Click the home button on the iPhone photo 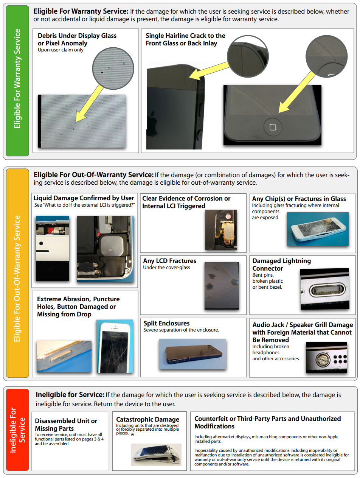click(273, 127)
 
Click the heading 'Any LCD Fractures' click(169, 261)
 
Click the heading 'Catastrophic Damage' click(147, 419)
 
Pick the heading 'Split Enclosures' click(166, 323)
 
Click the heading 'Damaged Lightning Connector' click(282, 265)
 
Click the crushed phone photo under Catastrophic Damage click(156, 455)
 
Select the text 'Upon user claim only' click(61, 50)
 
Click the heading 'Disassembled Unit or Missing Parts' click(66, 425)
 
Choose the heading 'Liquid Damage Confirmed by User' click(84, 198)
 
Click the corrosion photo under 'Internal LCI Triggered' click(221, 230)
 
